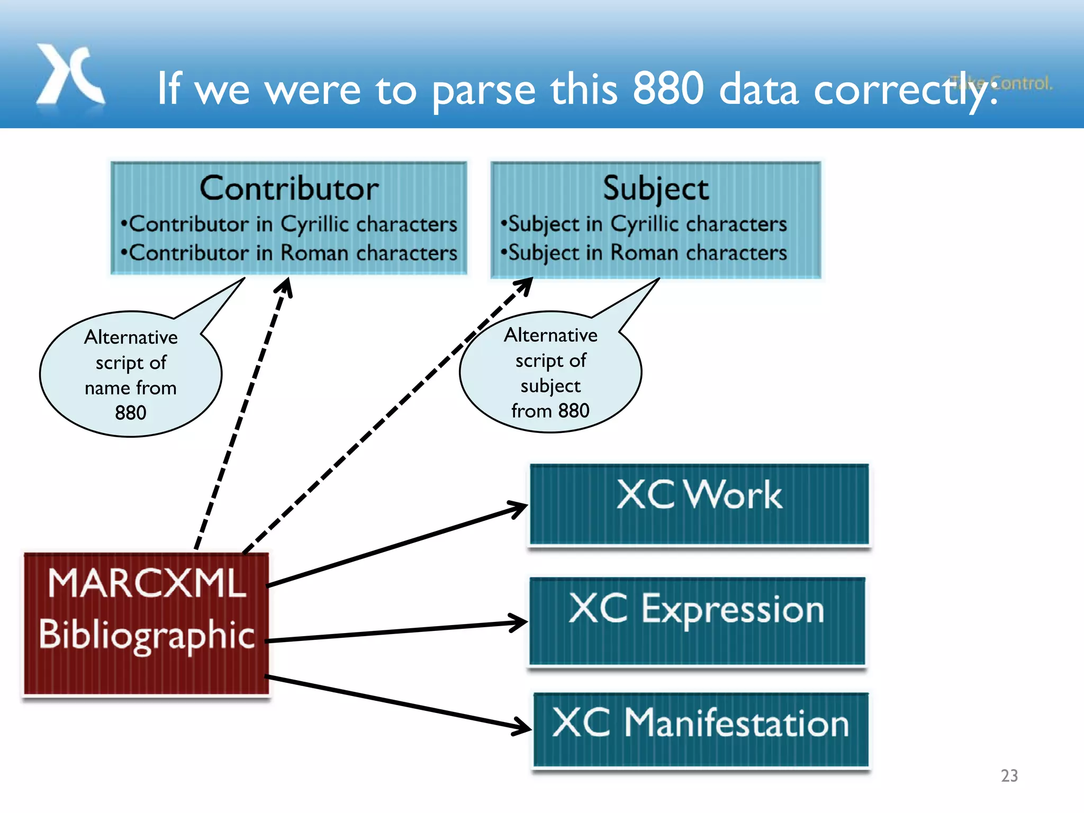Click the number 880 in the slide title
[x=668, y=89]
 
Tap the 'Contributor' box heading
[x=289, y=188]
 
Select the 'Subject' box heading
[x=656, y=188]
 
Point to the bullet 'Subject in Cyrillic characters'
[x=645, y=224]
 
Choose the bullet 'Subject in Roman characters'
[x=645, y=253]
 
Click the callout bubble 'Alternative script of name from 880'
[x=131, y=374]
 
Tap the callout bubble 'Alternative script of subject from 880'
[x=550, y=372]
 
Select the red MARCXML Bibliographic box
[x=146, y=624]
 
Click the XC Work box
[x=699, y=504]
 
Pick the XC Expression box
[x=697, y=621]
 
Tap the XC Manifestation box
[x=701, y=729]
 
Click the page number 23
[x=1009, y=775]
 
